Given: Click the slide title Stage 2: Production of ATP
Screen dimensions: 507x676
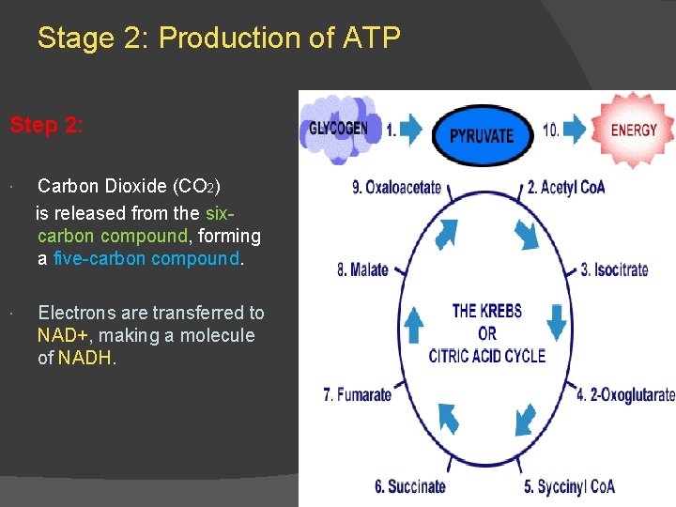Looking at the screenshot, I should pos(219,38).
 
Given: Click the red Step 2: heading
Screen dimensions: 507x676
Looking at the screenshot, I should pos(47,125).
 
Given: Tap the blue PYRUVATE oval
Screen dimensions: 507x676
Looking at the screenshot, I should pos(482,134).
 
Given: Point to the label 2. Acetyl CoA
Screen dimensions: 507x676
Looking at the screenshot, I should pos(566,187).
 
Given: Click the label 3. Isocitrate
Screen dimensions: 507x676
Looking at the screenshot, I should pos(614,269).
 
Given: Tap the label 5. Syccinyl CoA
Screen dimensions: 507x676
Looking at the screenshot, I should pos(569,486).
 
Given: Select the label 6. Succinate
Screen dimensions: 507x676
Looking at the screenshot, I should pos(409,486).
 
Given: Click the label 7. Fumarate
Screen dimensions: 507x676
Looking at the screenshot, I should pos(357,394).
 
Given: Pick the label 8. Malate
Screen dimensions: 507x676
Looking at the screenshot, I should pos(362,270).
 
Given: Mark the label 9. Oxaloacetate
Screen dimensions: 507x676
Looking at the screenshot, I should pos(396,187).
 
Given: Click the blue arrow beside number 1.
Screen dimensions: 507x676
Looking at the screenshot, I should pos(410,131).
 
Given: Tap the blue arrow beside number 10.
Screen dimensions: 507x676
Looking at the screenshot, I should pos(574,131).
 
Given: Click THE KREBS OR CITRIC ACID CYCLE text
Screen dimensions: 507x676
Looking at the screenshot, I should pos(486,332).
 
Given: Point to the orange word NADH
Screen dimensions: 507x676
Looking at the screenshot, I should pos(86,358).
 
